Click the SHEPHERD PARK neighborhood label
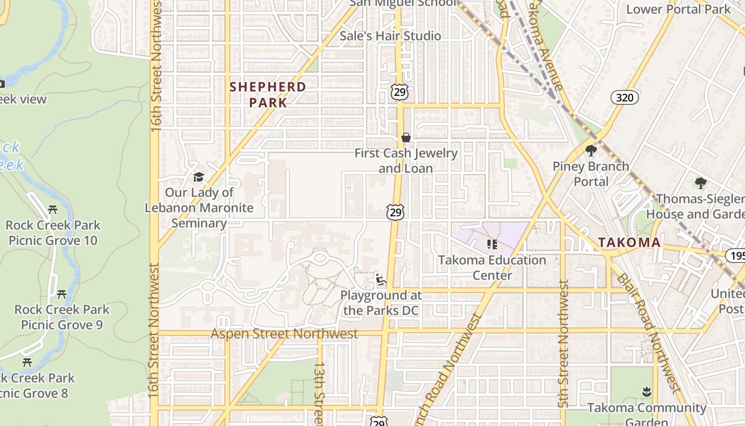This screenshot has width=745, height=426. click(x=268, y=94)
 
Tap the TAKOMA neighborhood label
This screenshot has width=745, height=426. click(x=629, y=242)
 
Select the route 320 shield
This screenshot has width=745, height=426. click(x=625, y=97)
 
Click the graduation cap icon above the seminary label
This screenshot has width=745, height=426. click(x=199, y=177)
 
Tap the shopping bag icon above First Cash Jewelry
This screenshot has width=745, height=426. click(x=406, y=137)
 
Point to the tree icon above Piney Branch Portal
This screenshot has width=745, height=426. click(x=591, y=151)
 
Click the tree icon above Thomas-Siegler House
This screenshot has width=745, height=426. click(x=701, y=183)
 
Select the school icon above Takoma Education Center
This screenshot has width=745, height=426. click(x=492, y=244)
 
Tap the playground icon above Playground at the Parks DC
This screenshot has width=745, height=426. click(x=380, y=280)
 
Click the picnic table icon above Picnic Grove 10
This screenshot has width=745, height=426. click(x=53, y=210)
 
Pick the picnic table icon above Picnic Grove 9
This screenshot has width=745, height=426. click(x=62, y=294)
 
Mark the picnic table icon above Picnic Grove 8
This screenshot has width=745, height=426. click(x=27, y=363)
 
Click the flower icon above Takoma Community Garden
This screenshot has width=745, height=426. click(x=647, y=392)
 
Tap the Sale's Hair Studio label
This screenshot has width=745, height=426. click(x=390, y=36)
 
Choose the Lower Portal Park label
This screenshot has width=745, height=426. click(x=678, y=9)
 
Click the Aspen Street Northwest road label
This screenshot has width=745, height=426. click(x=284, y=334)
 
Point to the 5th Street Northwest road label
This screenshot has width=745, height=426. click(x=564, y=344)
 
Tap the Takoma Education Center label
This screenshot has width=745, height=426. click(x=492, y=267)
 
